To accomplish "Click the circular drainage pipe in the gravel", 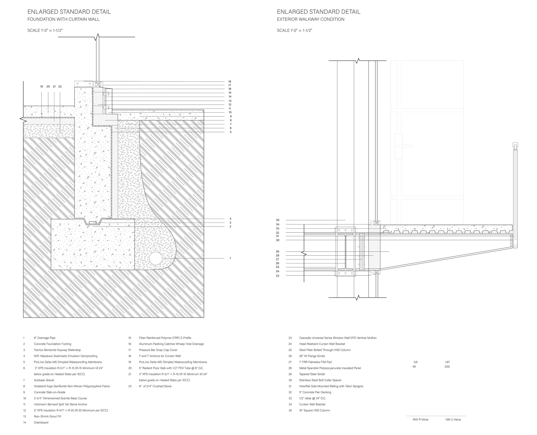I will [156, 258].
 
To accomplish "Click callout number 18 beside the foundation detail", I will [230, 82].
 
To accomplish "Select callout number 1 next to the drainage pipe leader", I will [230, 258].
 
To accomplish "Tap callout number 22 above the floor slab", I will [60, 87].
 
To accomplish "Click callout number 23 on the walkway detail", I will [277, 276].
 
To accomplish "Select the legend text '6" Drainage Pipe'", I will [44, 338].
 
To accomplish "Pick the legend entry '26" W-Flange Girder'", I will [312, 356].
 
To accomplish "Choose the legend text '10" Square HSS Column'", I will [314, 410].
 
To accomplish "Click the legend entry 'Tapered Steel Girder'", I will [312, 374].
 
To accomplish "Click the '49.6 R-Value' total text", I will [420, 420].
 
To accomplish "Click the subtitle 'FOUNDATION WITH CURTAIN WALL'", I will [63, 19].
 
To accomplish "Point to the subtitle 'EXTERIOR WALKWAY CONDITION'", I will [310, 19].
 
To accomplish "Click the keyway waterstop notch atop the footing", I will [93, 222].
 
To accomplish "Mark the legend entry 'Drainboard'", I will [41, 423].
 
